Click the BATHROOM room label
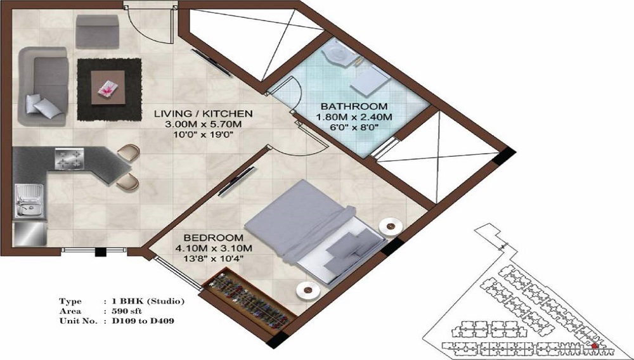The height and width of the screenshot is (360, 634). pos(353,106)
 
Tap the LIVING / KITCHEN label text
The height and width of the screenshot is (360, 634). pos(204,113)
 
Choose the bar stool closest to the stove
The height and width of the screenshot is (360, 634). pos(130,153)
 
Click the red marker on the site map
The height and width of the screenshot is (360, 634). pos(594,346)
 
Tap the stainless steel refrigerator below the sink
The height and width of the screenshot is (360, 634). pos(29,233)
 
